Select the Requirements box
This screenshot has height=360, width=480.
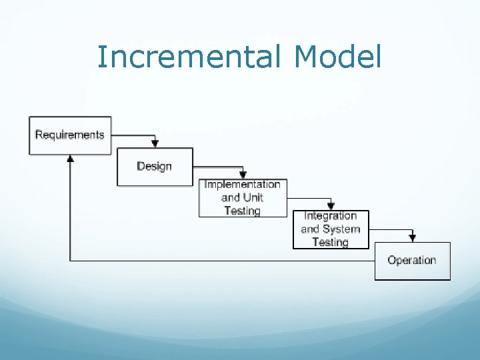(70, 135)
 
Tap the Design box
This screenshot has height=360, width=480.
(155, 167)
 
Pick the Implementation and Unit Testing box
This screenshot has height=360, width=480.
(243, 197)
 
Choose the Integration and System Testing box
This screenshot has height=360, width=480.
(331, 229)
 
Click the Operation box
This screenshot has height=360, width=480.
(412, 261)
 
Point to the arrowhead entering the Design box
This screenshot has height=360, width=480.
(155, 144)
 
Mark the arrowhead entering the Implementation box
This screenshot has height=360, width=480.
(243, 175)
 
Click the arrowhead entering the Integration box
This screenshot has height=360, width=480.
(331, 207)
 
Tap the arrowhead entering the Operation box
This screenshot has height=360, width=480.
(413, 238)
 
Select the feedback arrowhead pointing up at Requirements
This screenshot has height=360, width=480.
(70, 159)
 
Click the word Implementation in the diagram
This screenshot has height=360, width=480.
(243, 185)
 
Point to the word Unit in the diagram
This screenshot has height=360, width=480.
(253, 197)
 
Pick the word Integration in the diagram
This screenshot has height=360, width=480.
(331, 216)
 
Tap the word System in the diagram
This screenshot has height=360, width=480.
(341, 229)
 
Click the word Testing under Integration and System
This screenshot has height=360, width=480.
(331, 242)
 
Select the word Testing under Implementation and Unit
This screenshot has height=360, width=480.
(243, 211)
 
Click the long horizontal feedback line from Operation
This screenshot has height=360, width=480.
(220, 261)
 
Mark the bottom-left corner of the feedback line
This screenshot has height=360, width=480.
(70, 261)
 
